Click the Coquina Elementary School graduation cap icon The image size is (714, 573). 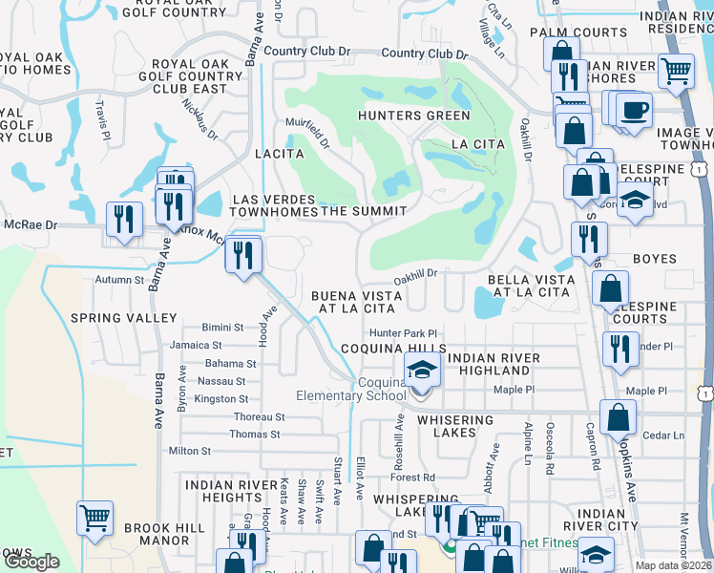click(421, 370)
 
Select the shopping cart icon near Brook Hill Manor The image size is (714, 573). click(94, 518)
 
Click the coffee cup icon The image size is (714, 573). click(634, 109)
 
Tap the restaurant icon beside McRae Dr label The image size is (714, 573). click(125, 220)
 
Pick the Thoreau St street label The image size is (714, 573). click(260, 417)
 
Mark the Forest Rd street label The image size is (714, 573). click(412, 477)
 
